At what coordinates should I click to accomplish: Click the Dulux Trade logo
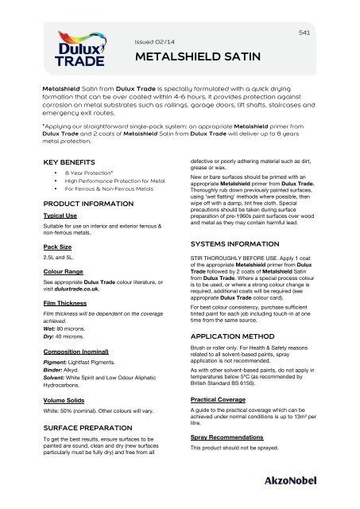click(53, 52)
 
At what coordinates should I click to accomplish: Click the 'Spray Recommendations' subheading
click(226, 437)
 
